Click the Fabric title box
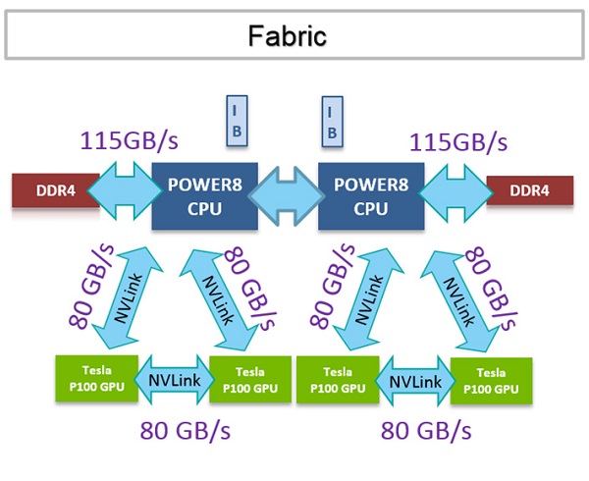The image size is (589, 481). (288, 36)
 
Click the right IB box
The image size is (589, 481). (333, 119)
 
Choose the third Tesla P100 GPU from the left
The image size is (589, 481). (338, 379)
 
